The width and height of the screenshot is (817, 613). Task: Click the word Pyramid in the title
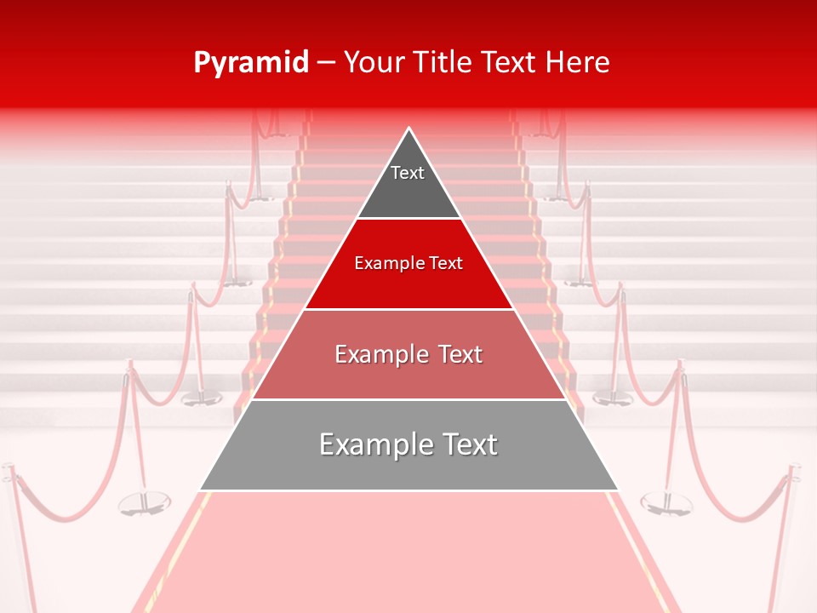[x=250, y=63]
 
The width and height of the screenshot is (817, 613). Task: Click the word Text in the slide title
[x=512, y=62]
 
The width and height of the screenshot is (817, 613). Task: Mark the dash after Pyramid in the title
[x=326, y=63]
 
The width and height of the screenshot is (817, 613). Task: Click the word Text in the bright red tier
[x=446, y=263]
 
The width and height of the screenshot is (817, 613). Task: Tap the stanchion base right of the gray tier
[x=666, y=502]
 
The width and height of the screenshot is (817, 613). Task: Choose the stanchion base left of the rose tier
[x=202, y=397]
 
